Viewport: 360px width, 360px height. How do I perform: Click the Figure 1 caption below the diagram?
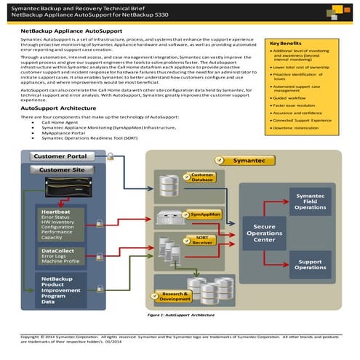188,316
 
